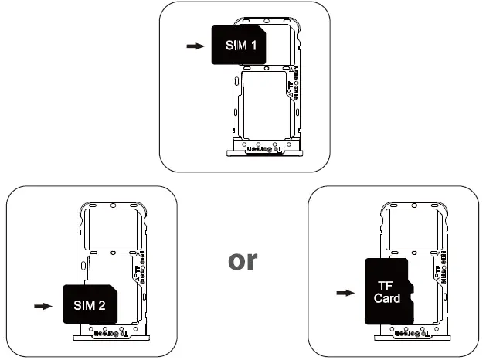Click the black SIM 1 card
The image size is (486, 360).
[240, 45]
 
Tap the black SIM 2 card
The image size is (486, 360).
[90, 304]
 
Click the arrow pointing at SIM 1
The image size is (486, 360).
[196, 46]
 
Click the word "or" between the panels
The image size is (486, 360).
[243, 260]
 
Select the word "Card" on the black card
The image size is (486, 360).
[387, 298]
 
